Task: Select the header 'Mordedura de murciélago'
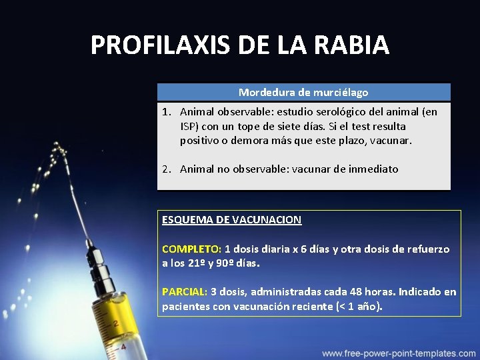click(x=303, y=92)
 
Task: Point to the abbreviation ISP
click(x=189, y=126)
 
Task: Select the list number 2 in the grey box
click(x=166, y=169)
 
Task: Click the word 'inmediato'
click(x=373, y=169)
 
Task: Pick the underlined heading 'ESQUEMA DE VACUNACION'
click(x=231, y=219)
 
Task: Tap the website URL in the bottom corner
click(x=399, y=353)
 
